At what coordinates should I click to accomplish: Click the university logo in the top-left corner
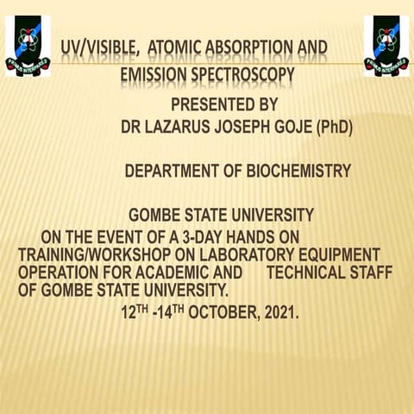pyautogui.click(x=28, y=46)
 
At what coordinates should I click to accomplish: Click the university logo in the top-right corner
pyautogui.click(x=386, y=46)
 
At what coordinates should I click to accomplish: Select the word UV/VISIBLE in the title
pyautogui.click(x=95, y=48)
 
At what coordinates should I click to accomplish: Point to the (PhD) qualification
pyautogui.click(x=333, y=128)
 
